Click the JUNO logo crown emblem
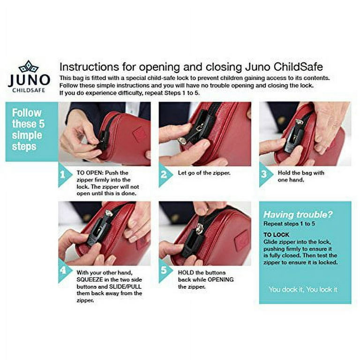pyautogui.click(x=29, y=67)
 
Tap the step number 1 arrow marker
pyautogui.click(x=64, y=175)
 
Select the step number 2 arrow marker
pyautogui.click(x=165, y=175)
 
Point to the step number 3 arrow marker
pyautogui.click(x=265, y=174)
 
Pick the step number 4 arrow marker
pyautogui.click(x=64, y=270)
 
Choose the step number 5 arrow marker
pyautogui.click(x=165, y=270)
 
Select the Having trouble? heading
pyautogui.click(x=298, y=215)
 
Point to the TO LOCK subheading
pyautogui.click(x=276, y=235)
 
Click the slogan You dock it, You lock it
pyautogui.click(x=303, y=290)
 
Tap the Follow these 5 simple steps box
pyautogui.click(x=32, y=132)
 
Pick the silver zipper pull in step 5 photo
pyautogui.click(x=199, y=228)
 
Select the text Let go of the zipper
pyautogui.click(x=204, y=173)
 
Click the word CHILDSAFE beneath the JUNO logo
pyautogui.click(x=29, y=90)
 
